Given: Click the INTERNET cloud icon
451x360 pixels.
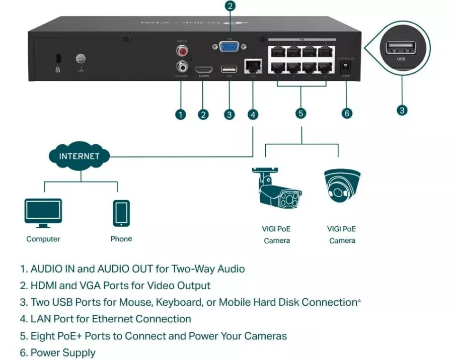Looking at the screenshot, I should coord(79,156).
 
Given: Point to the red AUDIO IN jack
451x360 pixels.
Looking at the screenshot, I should coord(181,51).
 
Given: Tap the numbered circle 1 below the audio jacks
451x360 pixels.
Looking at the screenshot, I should coord(181,115).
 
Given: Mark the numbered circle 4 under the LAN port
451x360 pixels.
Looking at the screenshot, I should coord(253,115).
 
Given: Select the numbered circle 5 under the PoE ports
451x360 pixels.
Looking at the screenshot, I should coord(300,113).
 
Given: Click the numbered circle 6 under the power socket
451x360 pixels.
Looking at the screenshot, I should coord(347,113).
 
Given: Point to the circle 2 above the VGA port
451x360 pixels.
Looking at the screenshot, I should coord(230,7).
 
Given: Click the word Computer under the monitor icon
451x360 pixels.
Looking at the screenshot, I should coord(43,239).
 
